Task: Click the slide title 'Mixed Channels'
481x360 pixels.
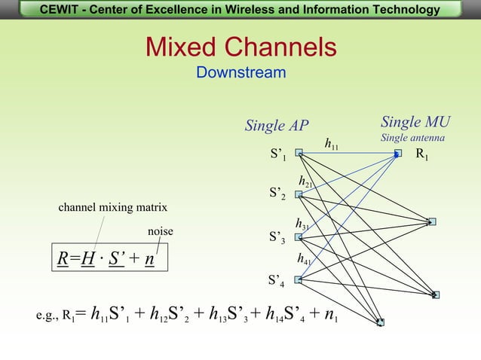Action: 240,47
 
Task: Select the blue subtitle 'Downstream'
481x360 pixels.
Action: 240,73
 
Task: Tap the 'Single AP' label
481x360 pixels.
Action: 277,126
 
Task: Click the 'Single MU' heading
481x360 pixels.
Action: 415,122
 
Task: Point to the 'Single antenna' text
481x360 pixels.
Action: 412,138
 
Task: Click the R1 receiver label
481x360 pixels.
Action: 422,154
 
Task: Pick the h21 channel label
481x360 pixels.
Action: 306,182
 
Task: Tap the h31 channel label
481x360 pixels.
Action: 302,224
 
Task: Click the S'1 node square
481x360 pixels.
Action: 299,152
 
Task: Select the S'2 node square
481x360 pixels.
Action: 299,194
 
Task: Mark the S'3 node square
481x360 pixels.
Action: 299,237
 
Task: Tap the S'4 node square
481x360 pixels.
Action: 299,280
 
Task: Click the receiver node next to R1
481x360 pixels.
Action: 398,154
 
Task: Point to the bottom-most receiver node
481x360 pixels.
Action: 381,322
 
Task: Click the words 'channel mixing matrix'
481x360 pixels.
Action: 113,207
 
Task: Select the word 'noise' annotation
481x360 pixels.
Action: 160,231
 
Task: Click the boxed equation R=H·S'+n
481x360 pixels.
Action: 106,259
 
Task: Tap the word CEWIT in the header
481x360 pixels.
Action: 62,10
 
